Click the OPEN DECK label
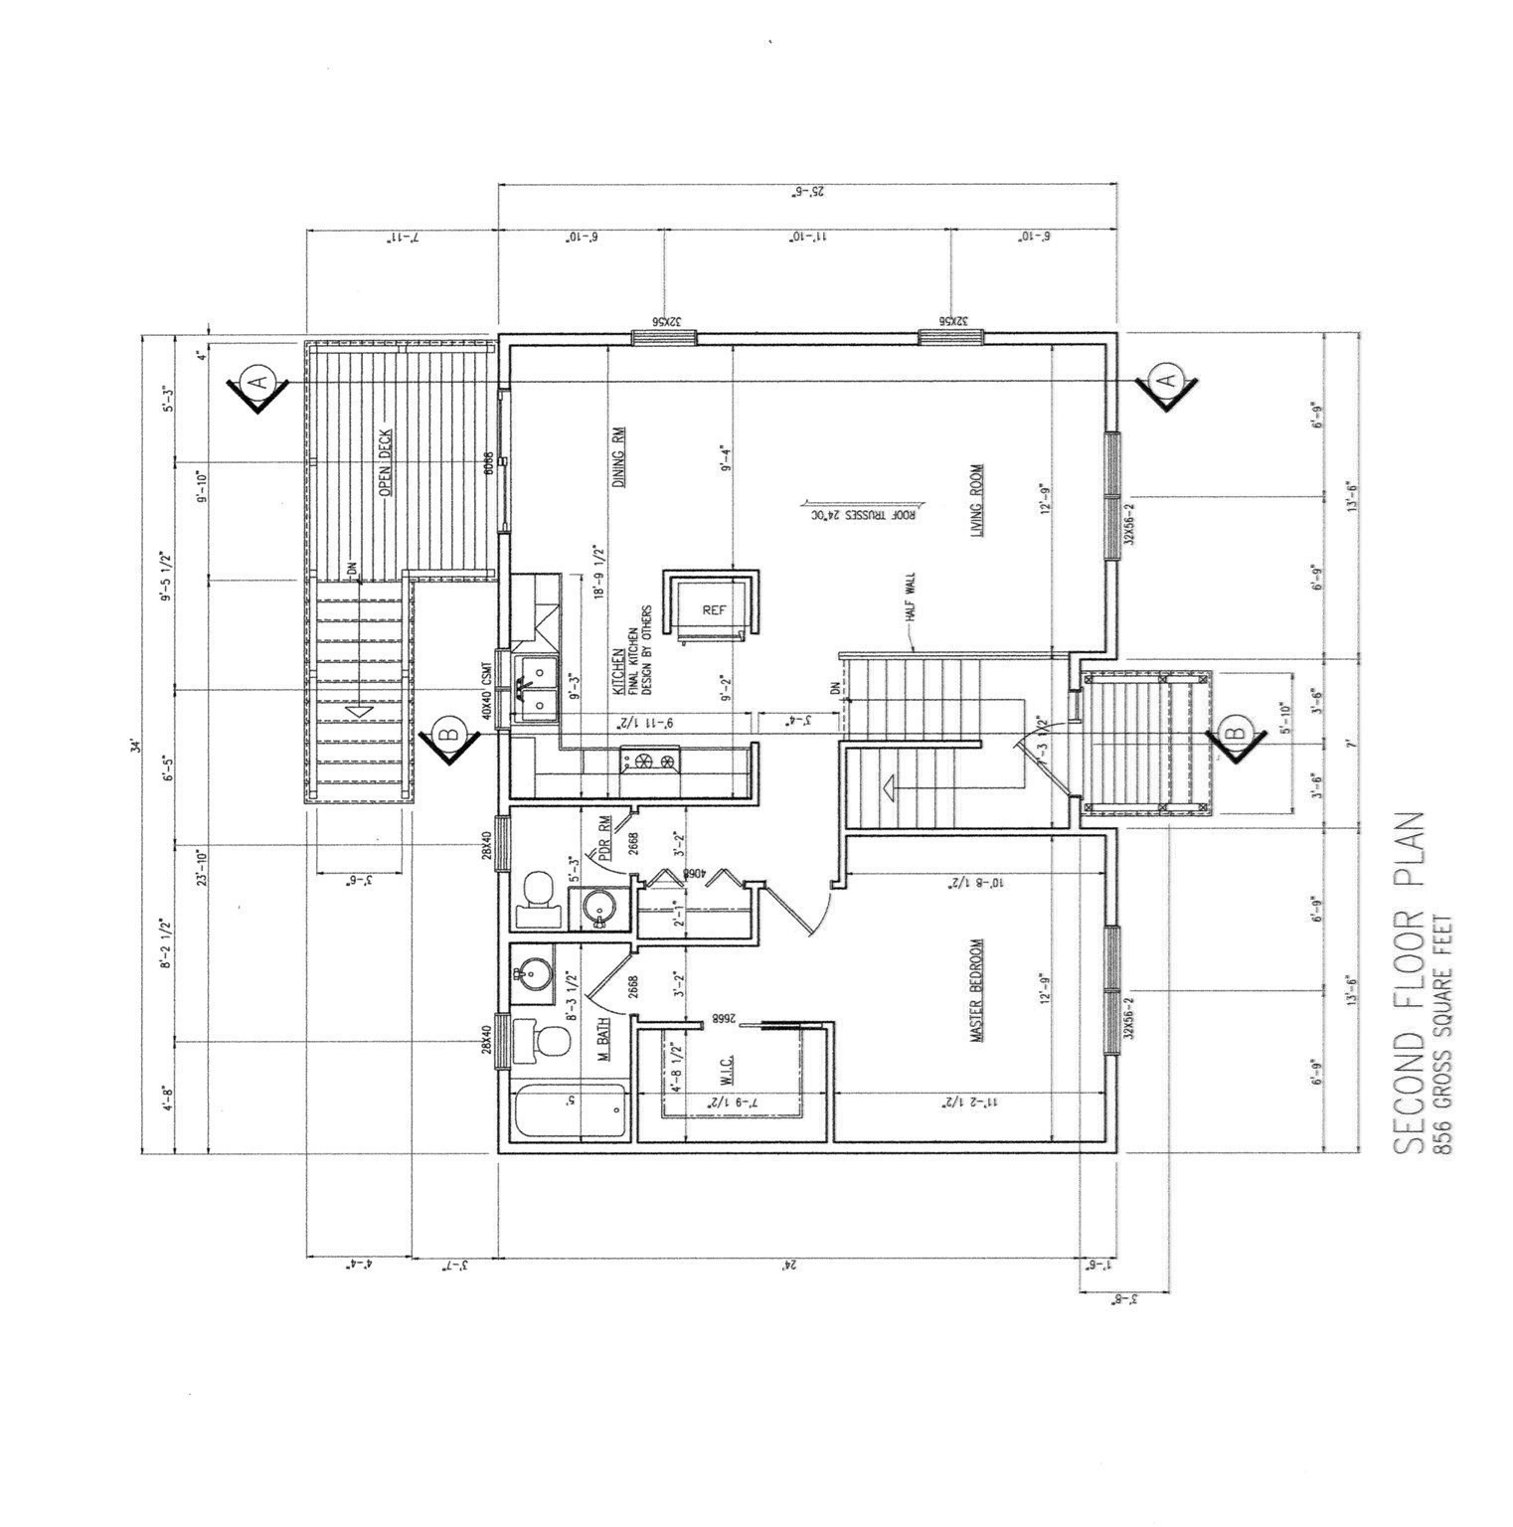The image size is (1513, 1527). click(x=385, y=463)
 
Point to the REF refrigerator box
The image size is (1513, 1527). click(x=714, y=609)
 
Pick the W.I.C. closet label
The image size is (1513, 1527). click(x=729, y=1070)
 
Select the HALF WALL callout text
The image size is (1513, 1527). click(x=910, y=596)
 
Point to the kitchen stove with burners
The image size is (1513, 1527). click(x=652, y=762)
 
